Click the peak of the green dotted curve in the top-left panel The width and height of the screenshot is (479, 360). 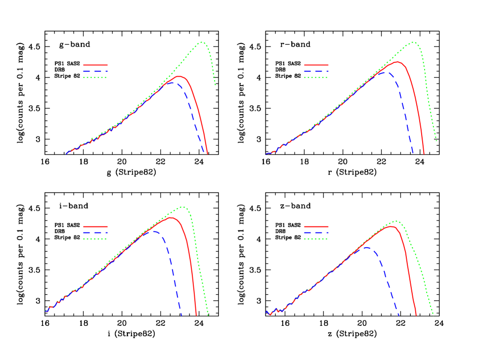(202, 43)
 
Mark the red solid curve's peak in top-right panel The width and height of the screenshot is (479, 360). (397, 62)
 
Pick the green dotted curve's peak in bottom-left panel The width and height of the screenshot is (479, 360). (182, 207)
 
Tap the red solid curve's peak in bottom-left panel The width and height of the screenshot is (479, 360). (171, 218)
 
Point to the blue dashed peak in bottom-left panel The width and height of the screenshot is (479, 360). (154, 231)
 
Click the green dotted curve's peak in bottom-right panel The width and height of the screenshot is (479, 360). (395, 221)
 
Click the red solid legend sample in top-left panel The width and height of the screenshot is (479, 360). (95, 65)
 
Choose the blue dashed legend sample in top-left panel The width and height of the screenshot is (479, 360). (95, 71)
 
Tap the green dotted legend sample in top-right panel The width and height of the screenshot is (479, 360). (316, 78)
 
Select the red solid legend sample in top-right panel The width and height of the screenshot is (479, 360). (316, 65)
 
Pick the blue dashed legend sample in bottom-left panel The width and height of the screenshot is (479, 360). (95, 232)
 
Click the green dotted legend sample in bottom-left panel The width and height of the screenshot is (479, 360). (95, 239)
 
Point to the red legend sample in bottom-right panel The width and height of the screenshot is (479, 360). (316, 226)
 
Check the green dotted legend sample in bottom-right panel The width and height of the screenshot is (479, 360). (316, 239)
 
